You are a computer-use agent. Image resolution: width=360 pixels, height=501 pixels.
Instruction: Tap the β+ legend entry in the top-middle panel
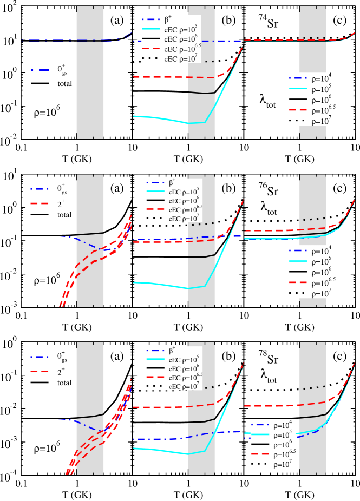pyautogui.click(x=168, y=19)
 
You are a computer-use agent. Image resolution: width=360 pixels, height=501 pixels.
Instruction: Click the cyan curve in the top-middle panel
pyautogui.click(x=162, y=118)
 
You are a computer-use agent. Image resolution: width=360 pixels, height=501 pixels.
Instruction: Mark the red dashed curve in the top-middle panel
pyautogui.click(x=162, y=77)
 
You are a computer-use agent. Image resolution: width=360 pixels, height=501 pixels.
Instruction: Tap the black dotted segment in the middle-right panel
pyautogui.click(x=314, y=219)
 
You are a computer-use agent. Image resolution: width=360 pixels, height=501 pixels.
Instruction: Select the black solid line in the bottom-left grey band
pyautogui.click(x=90, y=417)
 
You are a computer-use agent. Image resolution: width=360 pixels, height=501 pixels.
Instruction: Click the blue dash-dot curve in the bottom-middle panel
pyautogui.click(x=162, y=439)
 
